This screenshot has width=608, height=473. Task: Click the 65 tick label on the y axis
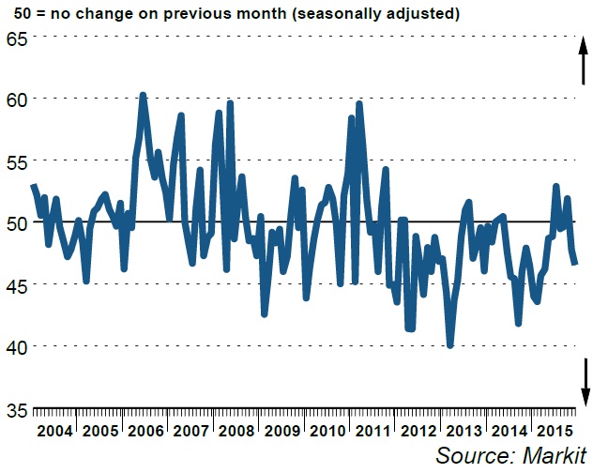(x=17, y=38)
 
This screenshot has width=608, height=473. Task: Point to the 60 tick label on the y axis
(x=17, y=99)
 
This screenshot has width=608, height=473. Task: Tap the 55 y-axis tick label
(x=17, y=161)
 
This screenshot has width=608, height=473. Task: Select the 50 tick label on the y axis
(x=17, y=223)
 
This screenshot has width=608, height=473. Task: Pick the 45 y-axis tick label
(x=17, y=285)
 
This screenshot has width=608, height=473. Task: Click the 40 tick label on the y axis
(x=17, y=347)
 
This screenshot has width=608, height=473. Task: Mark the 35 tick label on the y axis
(x=17, y=409)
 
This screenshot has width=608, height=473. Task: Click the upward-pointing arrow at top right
(x=583, y=61)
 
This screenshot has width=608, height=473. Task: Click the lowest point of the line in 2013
(x=450, y=345)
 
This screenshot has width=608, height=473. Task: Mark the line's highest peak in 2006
(x=142, y=95)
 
